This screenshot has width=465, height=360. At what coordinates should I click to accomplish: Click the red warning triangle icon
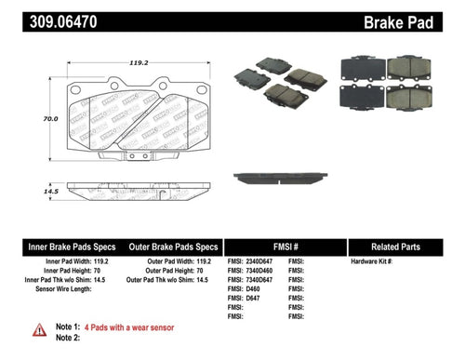tap(39, 328)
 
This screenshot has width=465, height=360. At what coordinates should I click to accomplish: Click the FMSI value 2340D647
tap(258, 263)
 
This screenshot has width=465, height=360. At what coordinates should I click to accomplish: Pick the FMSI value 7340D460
tap(258, 276)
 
